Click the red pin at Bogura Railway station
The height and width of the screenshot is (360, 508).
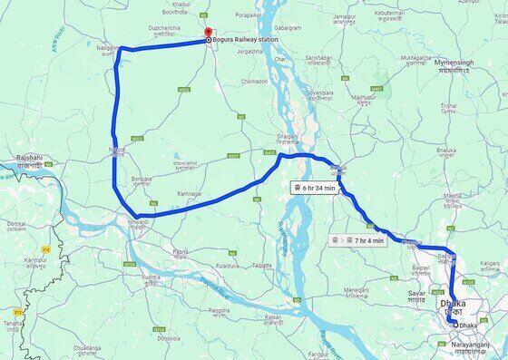tap(209, 34)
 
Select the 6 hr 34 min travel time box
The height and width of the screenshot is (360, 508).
tap(315, 188)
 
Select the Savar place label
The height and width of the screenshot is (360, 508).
tap(417, 294)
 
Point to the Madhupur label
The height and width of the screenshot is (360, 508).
tap(363, 97)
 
